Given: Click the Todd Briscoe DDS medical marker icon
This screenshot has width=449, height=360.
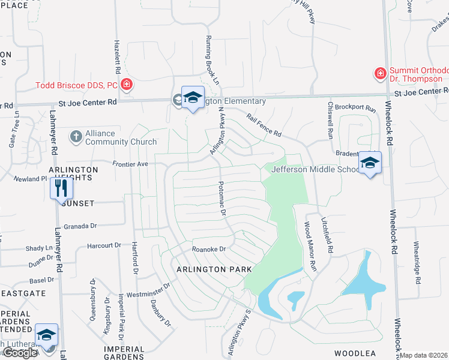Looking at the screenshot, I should [x=127, y=84].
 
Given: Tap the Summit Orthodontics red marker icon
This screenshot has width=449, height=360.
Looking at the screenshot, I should [x=380, y=74].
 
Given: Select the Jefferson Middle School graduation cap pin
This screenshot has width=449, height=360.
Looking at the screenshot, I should [x=370, y=163].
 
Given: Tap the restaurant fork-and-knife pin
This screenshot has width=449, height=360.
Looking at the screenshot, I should [x=61, y=188].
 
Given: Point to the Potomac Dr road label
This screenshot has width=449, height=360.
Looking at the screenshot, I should [x=222, y=199].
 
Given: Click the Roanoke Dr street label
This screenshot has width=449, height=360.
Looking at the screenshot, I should [x=208, y=249].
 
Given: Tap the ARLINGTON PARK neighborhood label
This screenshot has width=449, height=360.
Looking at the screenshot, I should [x=214, y=269].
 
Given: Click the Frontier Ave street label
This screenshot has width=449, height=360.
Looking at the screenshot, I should [x=130, y=163].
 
